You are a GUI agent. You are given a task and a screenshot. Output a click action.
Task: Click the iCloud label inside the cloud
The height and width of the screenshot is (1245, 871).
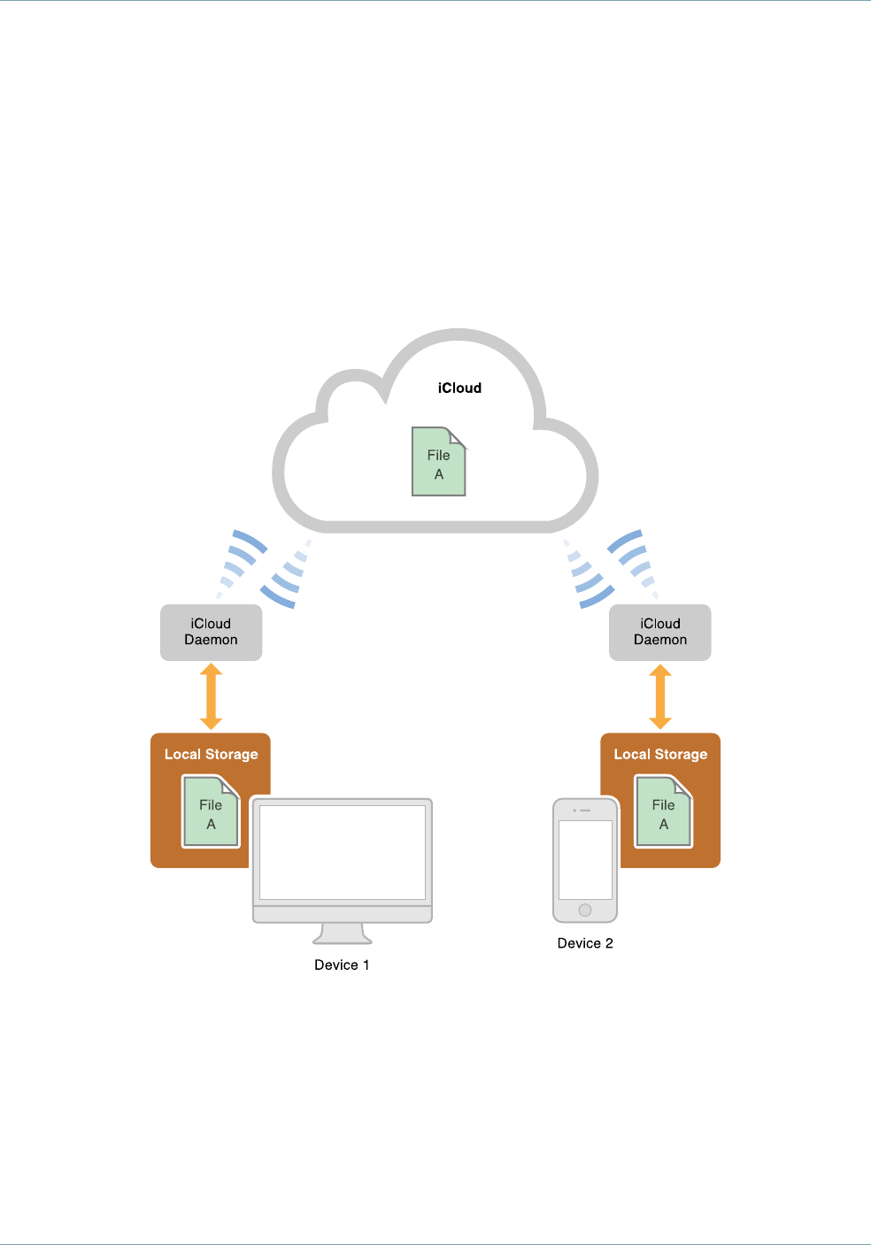coord(459,388)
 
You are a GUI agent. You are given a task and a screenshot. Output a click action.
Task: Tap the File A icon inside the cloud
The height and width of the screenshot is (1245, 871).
coord(439,463)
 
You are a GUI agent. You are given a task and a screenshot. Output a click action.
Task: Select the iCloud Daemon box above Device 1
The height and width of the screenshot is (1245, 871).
coord(211,632)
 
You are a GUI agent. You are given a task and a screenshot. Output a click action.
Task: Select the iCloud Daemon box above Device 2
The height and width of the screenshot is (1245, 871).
coord(660,632)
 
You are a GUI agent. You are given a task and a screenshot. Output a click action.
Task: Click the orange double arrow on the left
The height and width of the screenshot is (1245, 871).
coord(211,696)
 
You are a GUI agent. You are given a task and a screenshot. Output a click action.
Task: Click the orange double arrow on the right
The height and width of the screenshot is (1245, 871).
coord(660,696)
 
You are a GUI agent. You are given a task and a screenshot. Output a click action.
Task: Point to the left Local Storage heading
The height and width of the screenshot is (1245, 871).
coord(211,755)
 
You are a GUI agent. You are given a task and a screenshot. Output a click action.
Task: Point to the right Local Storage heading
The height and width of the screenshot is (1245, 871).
coord(660,755)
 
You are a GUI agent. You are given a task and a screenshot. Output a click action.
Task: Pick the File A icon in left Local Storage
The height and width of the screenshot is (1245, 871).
coord(211,812)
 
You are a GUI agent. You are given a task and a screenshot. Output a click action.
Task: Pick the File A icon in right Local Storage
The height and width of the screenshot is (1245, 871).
coord(664,812)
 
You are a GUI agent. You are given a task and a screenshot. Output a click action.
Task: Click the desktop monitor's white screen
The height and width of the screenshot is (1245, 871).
coord(343,851)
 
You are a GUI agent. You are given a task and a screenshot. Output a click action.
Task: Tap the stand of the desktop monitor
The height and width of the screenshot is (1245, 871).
coord(343,934)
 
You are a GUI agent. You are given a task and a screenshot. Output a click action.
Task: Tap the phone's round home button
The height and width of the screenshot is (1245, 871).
coord(585,910)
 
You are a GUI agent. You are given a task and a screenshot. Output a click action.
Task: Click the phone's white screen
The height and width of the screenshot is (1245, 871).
coord(585,858)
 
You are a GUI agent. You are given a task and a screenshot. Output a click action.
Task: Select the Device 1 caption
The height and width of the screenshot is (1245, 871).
coord(342,965)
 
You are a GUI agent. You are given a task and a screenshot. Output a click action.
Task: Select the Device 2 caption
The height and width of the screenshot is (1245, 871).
coord(585,943)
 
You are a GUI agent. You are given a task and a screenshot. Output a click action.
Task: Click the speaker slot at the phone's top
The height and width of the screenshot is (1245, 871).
coord(585,811)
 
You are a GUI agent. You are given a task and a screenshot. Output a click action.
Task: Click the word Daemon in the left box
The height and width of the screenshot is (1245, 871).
coord(211,640)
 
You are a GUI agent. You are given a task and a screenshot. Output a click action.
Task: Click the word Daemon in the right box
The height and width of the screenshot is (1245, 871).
coord(660,640)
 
